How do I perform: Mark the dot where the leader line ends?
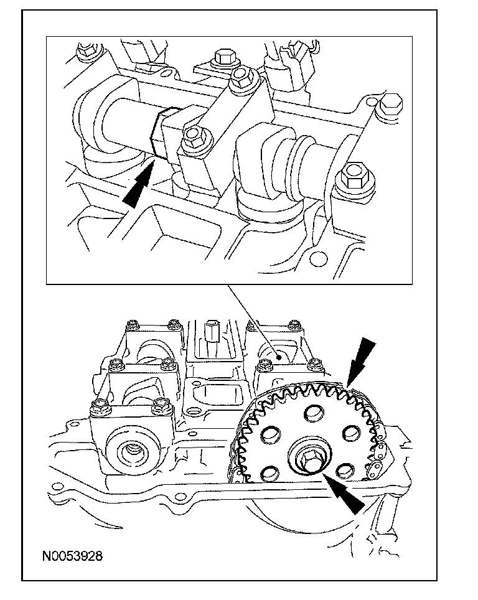click(x=281, y=357)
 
